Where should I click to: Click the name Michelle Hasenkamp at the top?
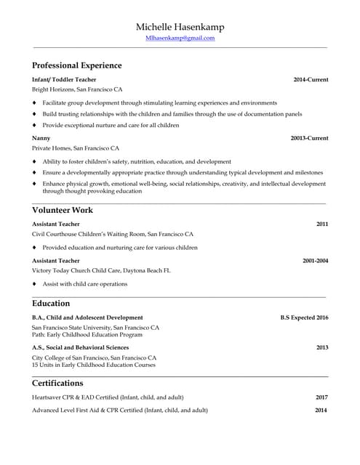(180, 27)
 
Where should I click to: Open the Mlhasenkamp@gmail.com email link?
(180, 38)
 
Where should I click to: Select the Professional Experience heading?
(76, 65)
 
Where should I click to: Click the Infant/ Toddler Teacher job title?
(64, 79)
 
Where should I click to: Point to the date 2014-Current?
(311, 79)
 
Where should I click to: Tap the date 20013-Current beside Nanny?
(309, 138)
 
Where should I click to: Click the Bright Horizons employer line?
(77, 89)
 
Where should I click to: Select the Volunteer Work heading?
(63, 210)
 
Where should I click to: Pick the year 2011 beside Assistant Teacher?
(321, 225)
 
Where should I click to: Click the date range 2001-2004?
(315, 260)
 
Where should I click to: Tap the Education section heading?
(51, 303)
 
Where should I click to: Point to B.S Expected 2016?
(304, 318)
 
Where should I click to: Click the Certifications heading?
(57, 383)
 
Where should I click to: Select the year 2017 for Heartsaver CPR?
(321, 397)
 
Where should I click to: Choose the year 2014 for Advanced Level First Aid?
(321, 411)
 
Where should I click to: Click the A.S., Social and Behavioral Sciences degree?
(80, 347)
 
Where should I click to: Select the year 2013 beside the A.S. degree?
(321, 347)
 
